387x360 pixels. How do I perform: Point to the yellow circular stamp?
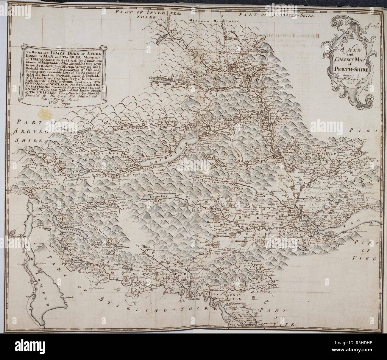click(x=44, y=114)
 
